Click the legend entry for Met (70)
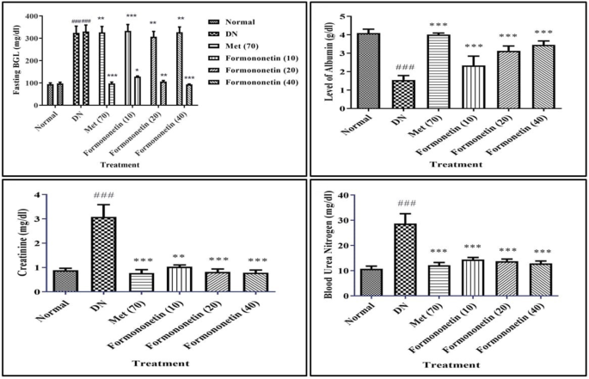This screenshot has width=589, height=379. (230, 45)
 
